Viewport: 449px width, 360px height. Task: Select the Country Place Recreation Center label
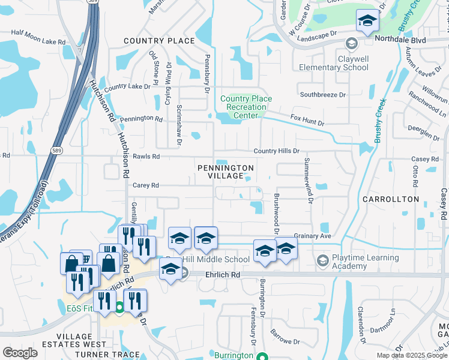coord(246,107)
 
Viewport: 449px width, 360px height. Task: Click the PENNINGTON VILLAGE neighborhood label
coord(226,172)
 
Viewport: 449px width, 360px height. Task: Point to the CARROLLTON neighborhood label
coord(391,199)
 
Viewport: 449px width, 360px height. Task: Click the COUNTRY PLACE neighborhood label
coord(159,41)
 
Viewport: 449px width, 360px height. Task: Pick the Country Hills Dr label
coord(276,151)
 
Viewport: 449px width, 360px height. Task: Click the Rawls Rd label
coord(146,157)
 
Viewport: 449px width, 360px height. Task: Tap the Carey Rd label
coord(145,185)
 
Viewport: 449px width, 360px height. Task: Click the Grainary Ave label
coord(312,236)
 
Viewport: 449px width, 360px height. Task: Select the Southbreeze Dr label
coord(323,95)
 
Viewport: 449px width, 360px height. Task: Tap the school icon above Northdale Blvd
coord(367,22)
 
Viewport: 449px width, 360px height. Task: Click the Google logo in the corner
coord(20,352)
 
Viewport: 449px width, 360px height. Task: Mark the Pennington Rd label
coord(141,118)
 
